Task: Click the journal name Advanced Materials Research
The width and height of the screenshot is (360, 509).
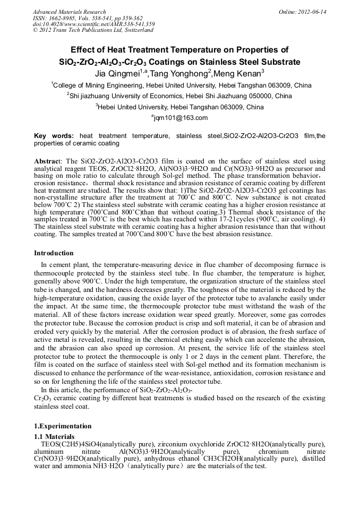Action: [x=69, y=12]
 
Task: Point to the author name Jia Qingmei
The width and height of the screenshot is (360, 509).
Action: [x=116, y=73]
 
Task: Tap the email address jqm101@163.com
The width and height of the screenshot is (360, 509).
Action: [x=181, y=118]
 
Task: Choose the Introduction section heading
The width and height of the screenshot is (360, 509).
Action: [x=54, y=253]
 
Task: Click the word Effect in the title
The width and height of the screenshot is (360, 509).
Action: [x=85, y=50]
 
